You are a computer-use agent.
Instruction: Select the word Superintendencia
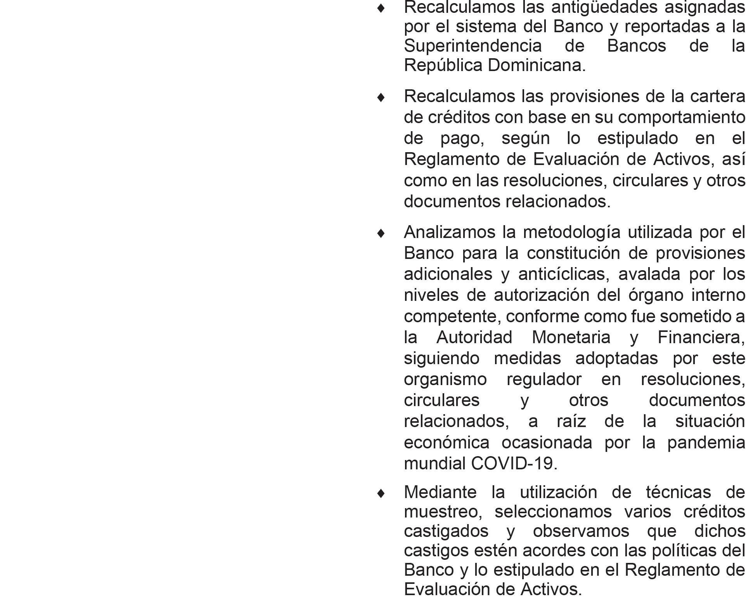coord(473,46)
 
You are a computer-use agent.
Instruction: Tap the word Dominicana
coord(537,65)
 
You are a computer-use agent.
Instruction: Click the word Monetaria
coord(571,337)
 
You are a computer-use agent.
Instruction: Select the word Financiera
coord(701,337)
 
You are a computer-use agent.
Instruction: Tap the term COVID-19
coord(514,464)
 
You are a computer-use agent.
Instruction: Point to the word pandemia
coord(706,443)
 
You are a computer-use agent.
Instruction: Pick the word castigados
coord(446,531)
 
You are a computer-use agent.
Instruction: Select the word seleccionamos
coord(553,512)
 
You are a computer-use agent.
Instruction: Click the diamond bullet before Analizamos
coord(381,233)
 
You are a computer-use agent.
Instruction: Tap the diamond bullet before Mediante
coord(381,493)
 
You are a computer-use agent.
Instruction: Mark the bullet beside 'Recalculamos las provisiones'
coord(381,97)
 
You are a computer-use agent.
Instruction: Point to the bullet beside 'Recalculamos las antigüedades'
coord(381,8)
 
